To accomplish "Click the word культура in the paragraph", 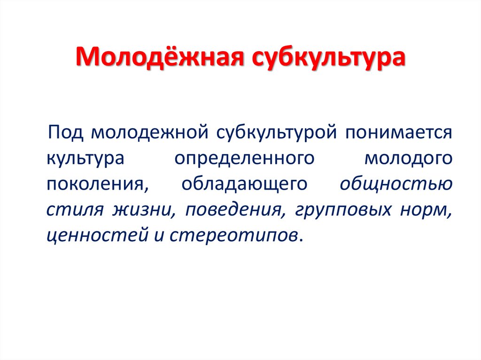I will tap(85, 158).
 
